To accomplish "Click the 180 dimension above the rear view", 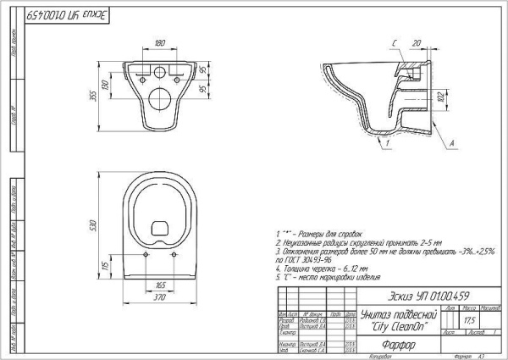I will coord(160,42).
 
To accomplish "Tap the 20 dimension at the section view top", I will coord(416,42).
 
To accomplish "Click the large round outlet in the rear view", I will coord(160,98).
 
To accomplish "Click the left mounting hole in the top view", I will coord(146,253).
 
